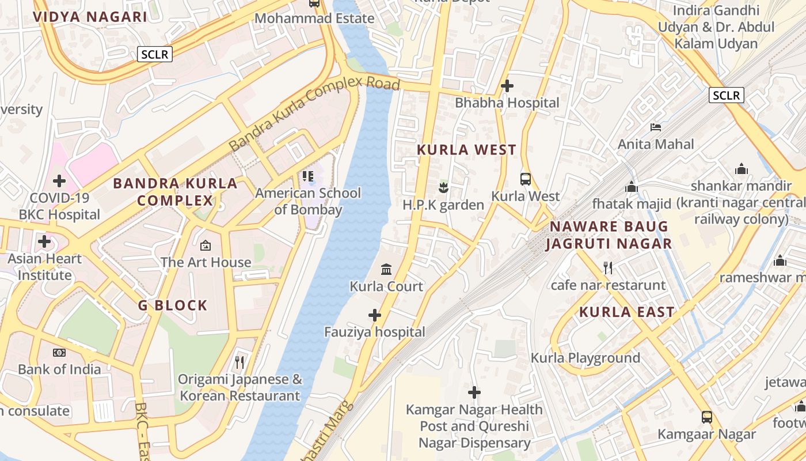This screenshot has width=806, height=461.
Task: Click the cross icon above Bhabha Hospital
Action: coord(507,86)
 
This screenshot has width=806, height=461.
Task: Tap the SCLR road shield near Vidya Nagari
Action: coord(155,55)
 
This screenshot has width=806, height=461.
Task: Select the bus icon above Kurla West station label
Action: coord(526,179)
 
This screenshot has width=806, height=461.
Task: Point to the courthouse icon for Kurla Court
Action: coord(386,269)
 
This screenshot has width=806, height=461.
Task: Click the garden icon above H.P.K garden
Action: coord(443,187)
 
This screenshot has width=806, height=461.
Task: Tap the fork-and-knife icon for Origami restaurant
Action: coord(239,362)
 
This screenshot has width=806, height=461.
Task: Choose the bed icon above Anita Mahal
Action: coord(656,127)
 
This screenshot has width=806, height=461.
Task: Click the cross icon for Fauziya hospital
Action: coord(375,315)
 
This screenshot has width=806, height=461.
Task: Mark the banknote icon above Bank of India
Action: coord(59,353)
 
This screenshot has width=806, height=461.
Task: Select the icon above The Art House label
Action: coord(206,245)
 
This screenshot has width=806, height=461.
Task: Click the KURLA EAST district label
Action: coord(626,312)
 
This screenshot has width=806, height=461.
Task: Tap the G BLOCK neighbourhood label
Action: coord(173,305)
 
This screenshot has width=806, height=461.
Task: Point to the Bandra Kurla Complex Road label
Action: coord(314,114)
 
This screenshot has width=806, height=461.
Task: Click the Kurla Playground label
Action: coord(585,358)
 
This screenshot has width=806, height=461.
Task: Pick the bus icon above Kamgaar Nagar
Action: coord(707,417)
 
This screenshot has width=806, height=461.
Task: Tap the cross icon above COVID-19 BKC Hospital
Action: coord(59,181)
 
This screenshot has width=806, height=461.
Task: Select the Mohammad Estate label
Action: coord(314,18)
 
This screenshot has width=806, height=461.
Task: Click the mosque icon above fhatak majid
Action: coord(632,187)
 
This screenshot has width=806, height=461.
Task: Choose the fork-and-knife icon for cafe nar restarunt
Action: coord(607,267)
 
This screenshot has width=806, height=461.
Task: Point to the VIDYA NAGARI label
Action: coord(90,17)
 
